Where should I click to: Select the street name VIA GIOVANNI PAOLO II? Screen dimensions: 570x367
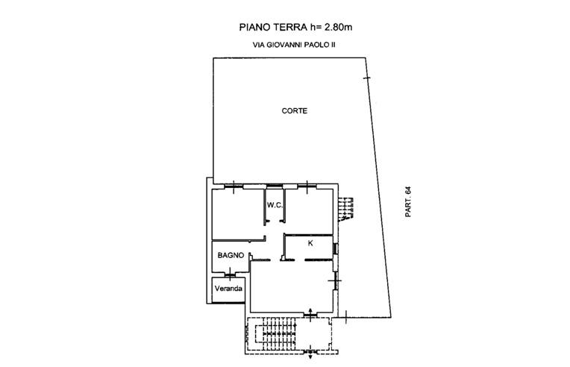click(x=294, y=46)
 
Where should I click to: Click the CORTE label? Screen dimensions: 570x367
click(x=295, y=111)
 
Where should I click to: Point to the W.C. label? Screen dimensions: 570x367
click(x=275, y=205)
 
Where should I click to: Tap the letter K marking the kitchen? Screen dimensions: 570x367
click(x=310, y=243)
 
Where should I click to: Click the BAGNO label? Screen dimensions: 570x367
click(x=231, y=255)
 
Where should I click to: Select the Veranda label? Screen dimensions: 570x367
click(x=228, y=289)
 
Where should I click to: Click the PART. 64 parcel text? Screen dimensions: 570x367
click(x=408, y=202)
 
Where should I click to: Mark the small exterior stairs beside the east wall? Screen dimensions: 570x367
click(x=345, y=209)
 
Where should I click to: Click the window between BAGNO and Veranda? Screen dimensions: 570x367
click(x=230, y=275)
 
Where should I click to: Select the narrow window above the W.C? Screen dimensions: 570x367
click(x=275, y=186)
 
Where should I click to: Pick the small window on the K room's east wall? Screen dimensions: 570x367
click(x=336, y=248)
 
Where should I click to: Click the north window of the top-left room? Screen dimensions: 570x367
click(x=234, y=186)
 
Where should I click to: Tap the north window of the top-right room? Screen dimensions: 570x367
click(x=307, y=186)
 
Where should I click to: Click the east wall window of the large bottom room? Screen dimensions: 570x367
click(x=335, y=280)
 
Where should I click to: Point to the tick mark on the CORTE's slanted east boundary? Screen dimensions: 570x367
click(x=367, y=78)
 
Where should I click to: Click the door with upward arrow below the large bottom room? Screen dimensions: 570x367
click(x=310, y=315)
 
